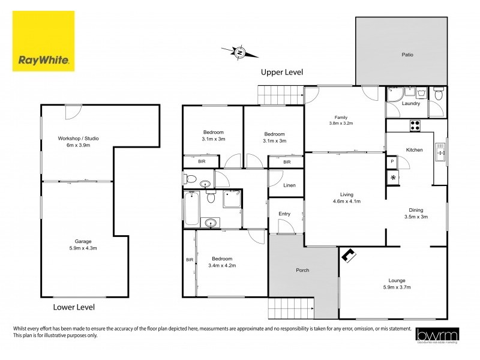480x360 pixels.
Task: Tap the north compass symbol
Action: pos(239,53)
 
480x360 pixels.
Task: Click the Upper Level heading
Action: pos(281,72)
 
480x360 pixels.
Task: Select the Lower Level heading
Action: pos(74,307)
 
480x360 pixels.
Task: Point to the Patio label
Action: pos(407,55)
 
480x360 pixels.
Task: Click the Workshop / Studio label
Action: pos(78,139)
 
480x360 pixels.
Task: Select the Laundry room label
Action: pos(411,104)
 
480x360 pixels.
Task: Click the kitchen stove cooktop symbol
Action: pos(415,125)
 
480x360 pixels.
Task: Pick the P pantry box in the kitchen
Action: pos(392,161)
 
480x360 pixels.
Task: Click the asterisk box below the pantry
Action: pos(393,178)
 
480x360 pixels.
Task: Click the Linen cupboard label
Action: pos(289,185)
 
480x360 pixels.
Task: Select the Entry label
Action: pos(284,214)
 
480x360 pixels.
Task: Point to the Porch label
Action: pos(302,270)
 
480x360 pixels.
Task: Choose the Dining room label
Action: pos(416,210)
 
